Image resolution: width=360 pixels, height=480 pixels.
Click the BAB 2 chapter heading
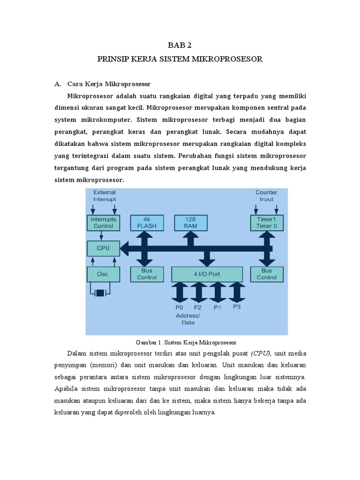click(180, 45)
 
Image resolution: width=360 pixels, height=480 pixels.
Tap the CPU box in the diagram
click(104, 247)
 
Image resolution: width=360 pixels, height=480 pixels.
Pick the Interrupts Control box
click(104, 223)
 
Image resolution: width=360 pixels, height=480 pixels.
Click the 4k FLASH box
click(147, 223)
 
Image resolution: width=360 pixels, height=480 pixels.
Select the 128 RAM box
click(190, 223)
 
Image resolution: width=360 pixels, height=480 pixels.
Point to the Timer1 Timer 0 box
click(267, 223)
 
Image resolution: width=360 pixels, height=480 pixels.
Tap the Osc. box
click(104, 274)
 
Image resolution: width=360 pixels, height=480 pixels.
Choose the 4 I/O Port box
click(207, 274)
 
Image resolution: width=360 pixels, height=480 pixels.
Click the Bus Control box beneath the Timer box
click(267, 274)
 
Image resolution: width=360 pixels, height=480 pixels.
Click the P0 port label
click(180, 307)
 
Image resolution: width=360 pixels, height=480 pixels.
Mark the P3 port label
click(237, 307)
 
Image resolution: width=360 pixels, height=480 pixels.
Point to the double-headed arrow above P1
click(217, 292)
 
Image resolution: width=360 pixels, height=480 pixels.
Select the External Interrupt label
click(105, 195)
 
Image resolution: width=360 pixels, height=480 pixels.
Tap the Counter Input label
click(266, 195)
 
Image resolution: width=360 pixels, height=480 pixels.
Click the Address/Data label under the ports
click(187, 319)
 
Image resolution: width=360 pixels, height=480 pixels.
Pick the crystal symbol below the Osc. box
click(100, 293)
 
